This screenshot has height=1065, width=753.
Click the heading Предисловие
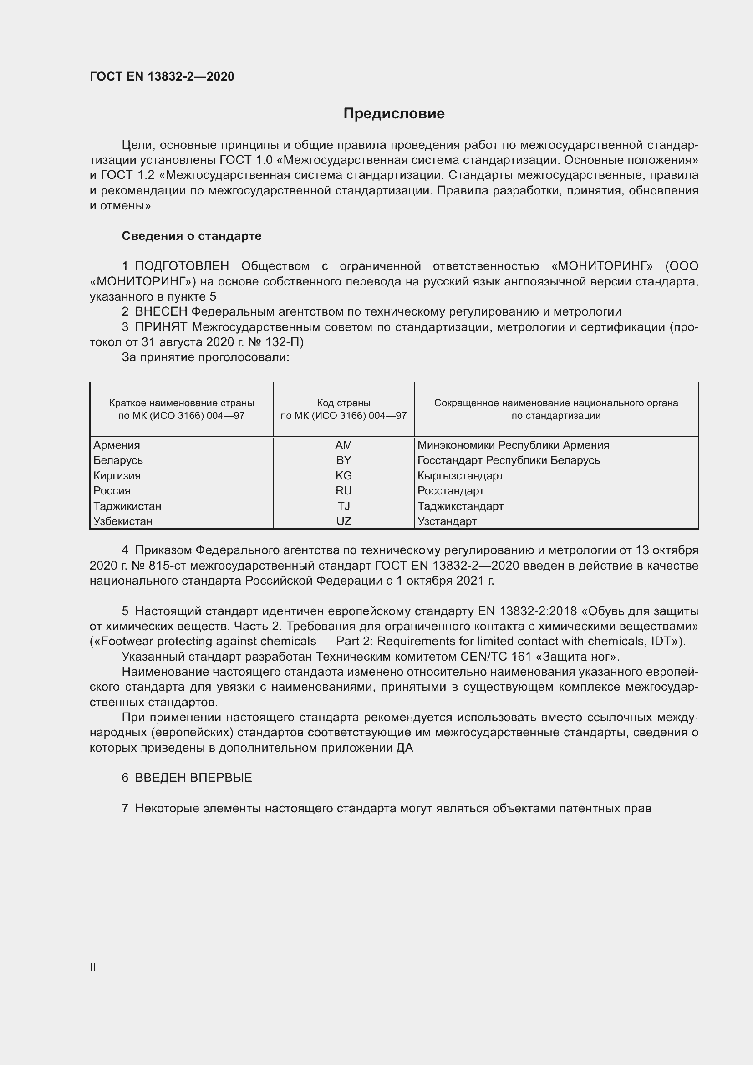[394, 114]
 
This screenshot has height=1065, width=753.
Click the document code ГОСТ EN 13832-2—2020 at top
[162, 76]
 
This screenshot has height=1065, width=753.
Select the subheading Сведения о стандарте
[192, 236]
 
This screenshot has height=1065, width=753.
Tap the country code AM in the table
[344, 445]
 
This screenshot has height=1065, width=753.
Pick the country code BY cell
[344, 460]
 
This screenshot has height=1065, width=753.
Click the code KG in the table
[344, 475]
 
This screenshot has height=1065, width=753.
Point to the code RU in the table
[344, 491]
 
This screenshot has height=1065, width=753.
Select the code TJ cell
[344, 506]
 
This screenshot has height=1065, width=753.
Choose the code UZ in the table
[344, 521]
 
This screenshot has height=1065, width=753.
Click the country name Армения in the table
[117, 445]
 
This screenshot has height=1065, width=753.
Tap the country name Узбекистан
[122, 521]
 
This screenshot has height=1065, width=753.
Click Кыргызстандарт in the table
[460, 475]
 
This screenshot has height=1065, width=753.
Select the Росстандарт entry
[450, 491]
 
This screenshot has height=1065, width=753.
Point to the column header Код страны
[344, 403]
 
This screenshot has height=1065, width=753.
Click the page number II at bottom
[93, 968]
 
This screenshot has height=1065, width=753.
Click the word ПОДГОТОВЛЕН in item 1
[182, 266]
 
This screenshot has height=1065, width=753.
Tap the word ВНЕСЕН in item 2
[161, 312]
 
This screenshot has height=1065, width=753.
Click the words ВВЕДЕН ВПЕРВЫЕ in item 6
[193, 778]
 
